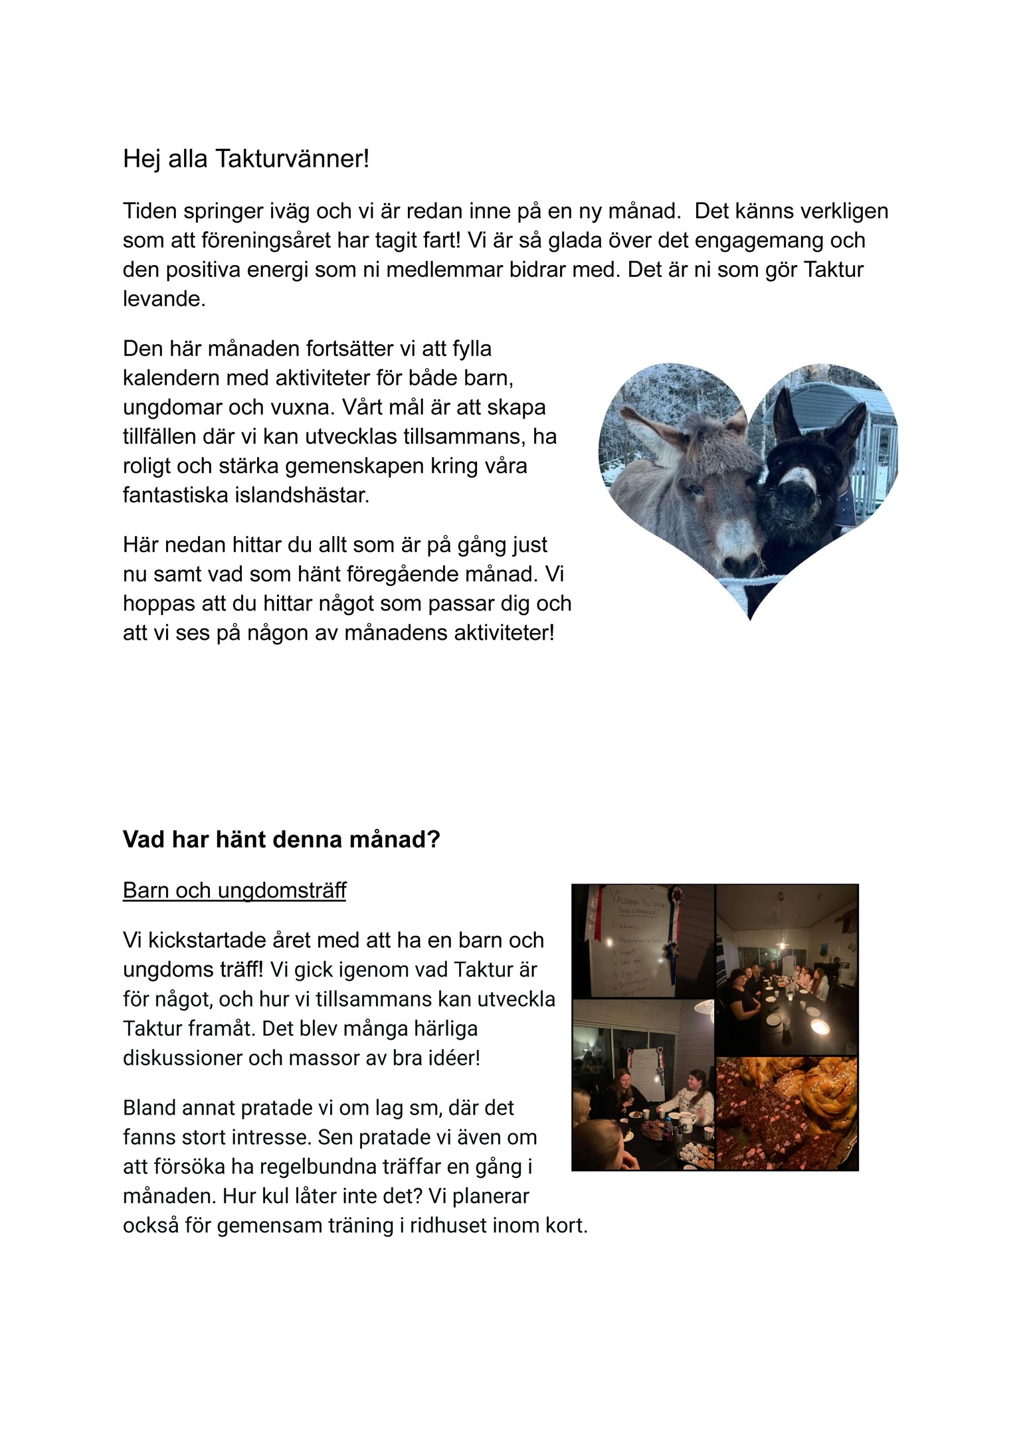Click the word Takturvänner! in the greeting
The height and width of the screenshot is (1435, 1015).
click(x=292, y=159)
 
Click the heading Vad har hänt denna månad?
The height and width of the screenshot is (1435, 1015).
click(x=281, y=840)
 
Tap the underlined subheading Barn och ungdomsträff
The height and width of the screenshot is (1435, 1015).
click(x=234, y=890)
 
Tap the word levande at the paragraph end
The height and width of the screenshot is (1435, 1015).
click(x=163, y=299)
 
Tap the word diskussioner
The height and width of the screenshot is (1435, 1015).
click(x=182, y=1058)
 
